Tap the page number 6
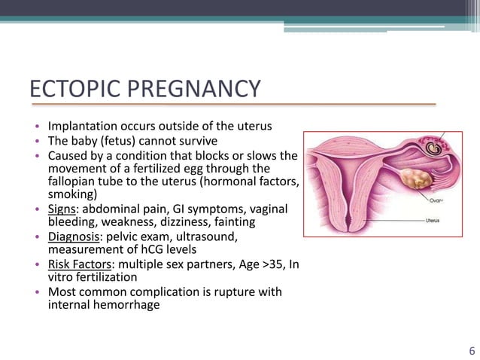(471, 349)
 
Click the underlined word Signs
(63, 208)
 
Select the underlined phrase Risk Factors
(81, 264)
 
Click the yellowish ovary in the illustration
(413, 179)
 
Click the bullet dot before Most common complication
(35, 292)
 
